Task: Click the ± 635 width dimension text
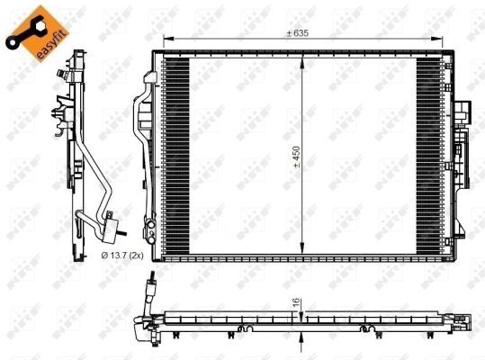(x=298, y=33)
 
